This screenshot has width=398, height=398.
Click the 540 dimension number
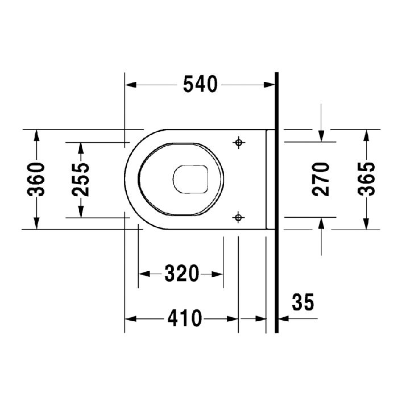click(x=200, y=85)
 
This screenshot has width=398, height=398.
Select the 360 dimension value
click(x=37, y=179)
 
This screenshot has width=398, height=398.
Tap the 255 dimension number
click(x=81, y=179)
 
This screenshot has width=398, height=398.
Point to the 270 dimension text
click(x=322, y=179)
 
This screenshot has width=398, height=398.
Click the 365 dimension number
click(x=366, y=179)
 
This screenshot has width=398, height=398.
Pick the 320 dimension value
click(x=181, y=274)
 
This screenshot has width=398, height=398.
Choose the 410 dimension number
click(x=184, y=319)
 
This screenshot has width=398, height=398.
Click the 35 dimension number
click(x=303, y=302)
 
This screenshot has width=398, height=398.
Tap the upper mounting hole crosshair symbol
click(x=239, y=142)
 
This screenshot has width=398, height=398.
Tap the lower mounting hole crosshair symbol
click(x=239, y=217)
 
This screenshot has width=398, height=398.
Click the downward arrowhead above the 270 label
click(x=322, y=135)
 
